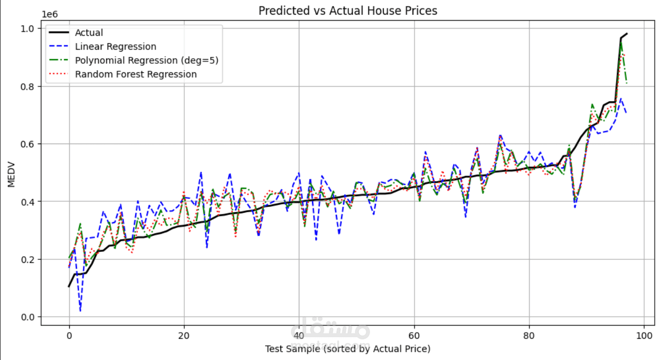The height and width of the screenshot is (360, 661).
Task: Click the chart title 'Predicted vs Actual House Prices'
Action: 347,11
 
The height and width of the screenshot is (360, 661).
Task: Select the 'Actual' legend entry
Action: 89,33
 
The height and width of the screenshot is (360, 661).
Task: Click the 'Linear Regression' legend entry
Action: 115,47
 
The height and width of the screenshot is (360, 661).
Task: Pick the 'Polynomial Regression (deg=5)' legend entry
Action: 146,61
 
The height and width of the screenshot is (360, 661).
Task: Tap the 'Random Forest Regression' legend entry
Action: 136,74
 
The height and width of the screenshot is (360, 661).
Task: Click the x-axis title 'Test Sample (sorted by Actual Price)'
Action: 347,349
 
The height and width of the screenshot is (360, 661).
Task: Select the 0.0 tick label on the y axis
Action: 27,317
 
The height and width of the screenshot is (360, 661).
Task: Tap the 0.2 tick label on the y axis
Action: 27,260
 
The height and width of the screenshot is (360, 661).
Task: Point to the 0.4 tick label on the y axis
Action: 27,202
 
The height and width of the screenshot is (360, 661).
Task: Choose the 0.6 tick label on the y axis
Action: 27,144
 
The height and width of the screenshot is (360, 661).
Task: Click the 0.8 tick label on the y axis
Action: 27,87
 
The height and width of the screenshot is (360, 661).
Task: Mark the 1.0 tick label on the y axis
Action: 27,29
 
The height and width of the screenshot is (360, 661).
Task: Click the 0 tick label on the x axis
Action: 69,336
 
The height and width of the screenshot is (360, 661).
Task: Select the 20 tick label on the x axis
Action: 184,336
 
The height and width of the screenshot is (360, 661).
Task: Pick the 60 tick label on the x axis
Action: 414,336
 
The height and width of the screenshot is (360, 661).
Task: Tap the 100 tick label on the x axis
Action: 644,336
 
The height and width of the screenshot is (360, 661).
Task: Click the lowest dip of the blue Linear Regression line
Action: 80,311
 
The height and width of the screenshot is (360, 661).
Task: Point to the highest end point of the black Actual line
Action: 627,34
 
